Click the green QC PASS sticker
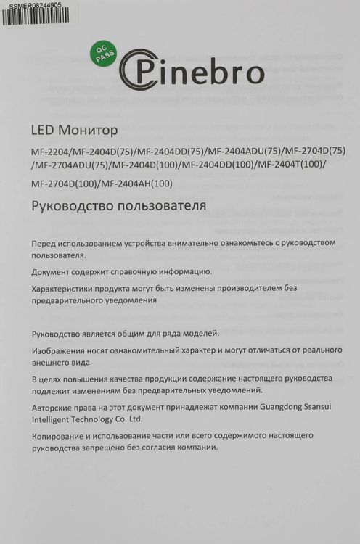pyautogui.click(x=101, y=53)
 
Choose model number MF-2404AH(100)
pyautogui.click(x=136, y=183)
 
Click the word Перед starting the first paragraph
pyautogui.click(x=45, y=242)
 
